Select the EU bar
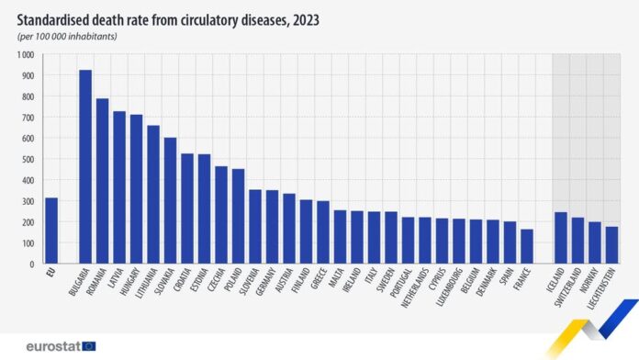click(x=51, y=231)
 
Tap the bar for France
click(x=527, y=246)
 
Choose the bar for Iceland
click(x=561, y=238)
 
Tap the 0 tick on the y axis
click(x=32, y=264)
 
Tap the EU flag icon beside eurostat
click(x=89, y=345)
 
